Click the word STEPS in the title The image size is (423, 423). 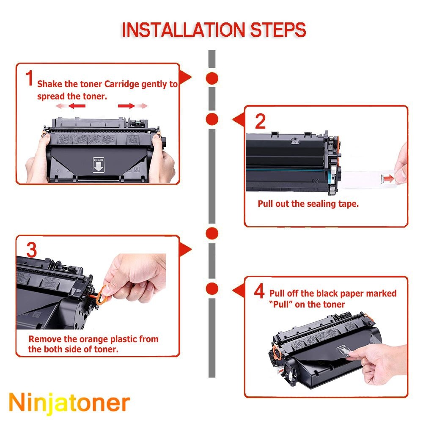click(278, 30)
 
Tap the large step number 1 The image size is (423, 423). click(29, 78)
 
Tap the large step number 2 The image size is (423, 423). click(260, 121)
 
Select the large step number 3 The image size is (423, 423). click(32, 250)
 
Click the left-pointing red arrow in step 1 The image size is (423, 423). click(77, 106)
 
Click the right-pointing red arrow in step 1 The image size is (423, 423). click(126, 106)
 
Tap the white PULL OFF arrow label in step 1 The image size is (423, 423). click(99, 165)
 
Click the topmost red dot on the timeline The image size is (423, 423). click(212, 79)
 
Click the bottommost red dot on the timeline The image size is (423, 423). click(212, 288)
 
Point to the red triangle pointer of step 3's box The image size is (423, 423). click(185, 250)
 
